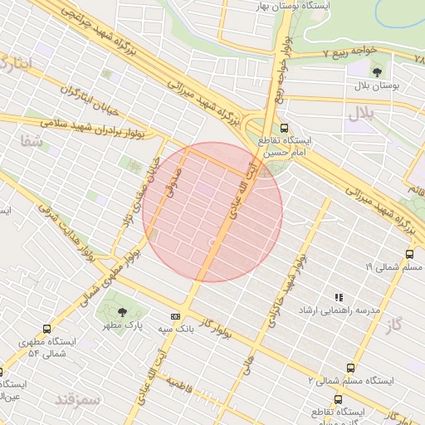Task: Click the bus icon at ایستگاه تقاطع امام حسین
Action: point(285,129)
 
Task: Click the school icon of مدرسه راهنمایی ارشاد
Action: point(338,297)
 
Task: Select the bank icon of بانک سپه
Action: point(174,316)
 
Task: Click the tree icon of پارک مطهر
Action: point(122,312)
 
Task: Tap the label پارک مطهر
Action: point(123,326)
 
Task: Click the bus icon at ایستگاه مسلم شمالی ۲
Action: point(351,367)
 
